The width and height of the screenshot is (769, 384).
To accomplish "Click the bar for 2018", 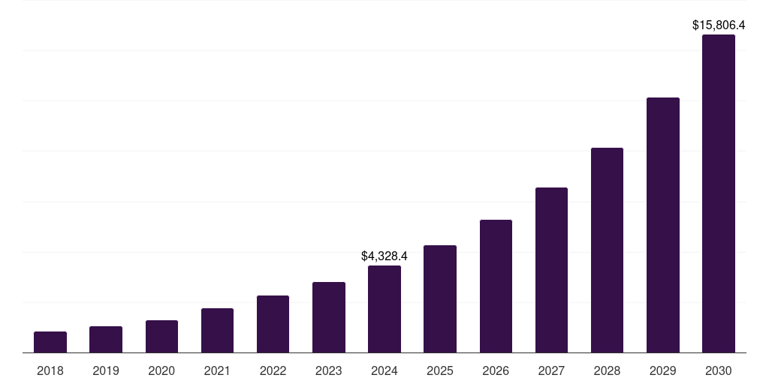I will click(50, 342).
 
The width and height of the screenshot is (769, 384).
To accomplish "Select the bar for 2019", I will click(106, 339).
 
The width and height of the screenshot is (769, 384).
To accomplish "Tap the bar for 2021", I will click(217, 330).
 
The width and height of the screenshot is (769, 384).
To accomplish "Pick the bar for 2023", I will click(329, 317).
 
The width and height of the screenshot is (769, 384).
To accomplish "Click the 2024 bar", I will click(384, 309).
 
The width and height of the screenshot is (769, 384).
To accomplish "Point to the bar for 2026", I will click(496, 286).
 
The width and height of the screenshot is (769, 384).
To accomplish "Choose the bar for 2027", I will click(551, 270).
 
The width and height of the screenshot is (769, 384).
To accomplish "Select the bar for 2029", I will click(663, 225).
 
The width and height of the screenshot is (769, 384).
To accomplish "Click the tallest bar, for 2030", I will click(719, 193).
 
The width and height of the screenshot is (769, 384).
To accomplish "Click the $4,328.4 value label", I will click(384, 256).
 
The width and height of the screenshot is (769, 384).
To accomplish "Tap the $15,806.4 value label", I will click(719, 25).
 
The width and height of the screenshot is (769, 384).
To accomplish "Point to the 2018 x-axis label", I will click(50, 370).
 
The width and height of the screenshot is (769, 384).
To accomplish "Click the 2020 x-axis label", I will click(161, 370).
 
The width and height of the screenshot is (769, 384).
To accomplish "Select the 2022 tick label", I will click(273, 370).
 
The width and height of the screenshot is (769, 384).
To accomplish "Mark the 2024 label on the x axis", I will click(384, 370).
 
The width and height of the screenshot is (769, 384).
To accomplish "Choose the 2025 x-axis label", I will click(440, 370).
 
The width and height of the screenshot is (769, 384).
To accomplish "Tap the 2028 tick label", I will click(607, 370).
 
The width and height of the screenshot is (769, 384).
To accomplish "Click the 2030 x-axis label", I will click(719, 370).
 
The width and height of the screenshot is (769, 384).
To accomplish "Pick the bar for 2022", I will click(273, 324).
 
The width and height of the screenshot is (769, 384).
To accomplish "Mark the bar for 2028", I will click(607, 250).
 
